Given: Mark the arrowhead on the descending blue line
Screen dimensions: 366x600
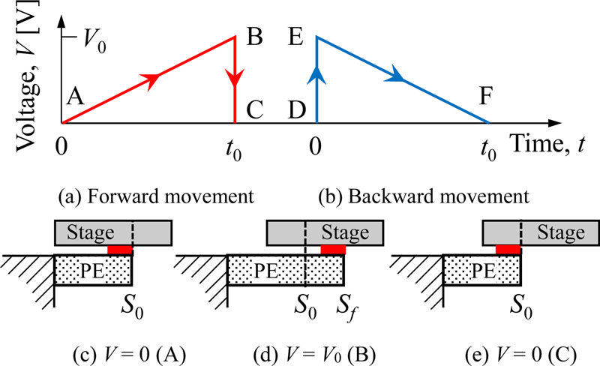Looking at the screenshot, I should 398,77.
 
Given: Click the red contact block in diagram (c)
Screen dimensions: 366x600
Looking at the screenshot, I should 120,249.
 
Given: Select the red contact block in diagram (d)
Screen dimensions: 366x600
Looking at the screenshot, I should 333,249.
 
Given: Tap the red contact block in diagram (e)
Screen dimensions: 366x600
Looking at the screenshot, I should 507,249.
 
